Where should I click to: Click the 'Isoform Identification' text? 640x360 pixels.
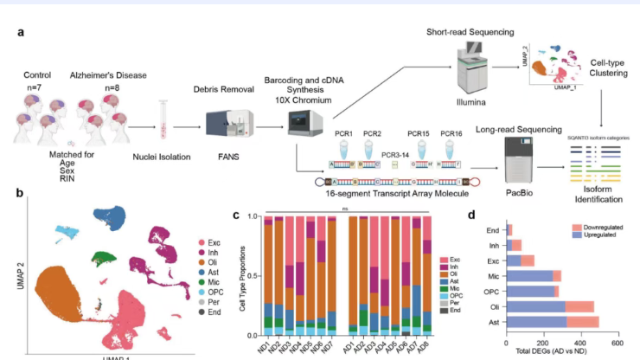pos(599,190)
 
